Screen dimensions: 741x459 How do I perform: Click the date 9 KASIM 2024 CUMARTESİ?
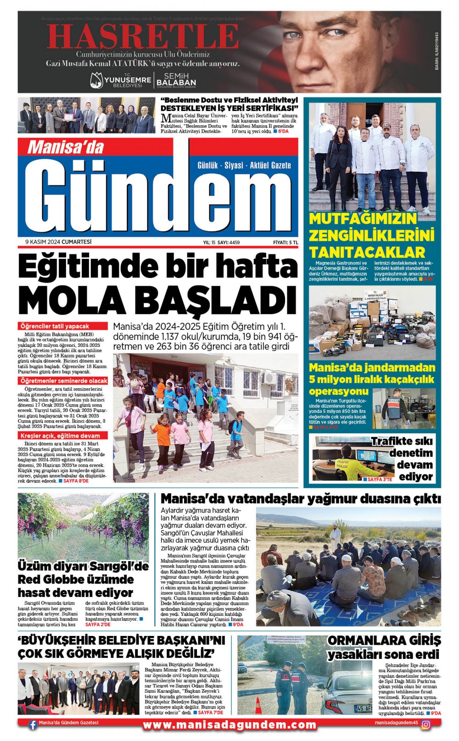click(x=58, y=242)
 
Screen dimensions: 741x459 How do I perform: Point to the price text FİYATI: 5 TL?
click(x=285, y=243)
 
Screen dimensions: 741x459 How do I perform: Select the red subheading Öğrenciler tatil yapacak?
click(x=55, y=326)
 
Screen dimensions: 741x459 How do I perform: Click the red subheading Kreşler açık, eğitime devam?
click(x=60, y=435)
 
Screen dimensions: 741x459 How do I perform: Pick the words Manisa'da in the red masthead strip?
click(x=65, y=147)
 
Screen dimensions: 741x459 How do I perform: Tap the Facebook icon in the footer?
click(x=33, y=725)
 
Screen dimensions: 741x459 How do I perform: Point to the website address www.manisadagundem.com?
click(x=229, y=725)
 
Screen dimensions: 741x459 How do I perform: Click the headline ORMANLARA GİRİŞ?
click(x=384, y=641)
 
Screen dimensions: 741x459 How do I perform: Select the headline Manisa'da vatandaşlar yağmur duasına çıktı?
click(x=301, y=499)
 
